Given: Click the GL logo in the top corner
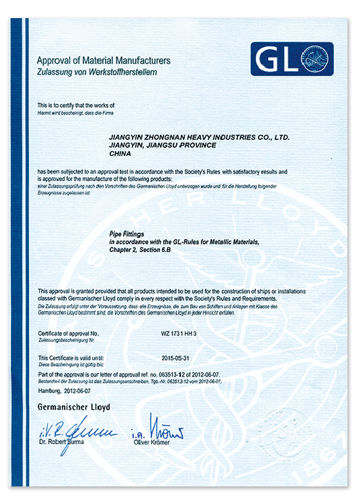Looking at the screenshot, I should click(291, 59).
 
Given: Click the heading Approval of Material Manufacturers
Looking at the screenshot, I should click(104, 60).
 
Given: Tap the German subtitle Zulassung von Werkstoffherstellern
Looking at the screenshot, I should click(97, 72).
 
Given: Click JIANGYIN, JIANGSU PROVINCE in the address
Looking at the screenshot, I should click(163, 145).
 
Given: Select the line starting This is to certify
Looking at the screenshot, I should click(76, 105).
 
